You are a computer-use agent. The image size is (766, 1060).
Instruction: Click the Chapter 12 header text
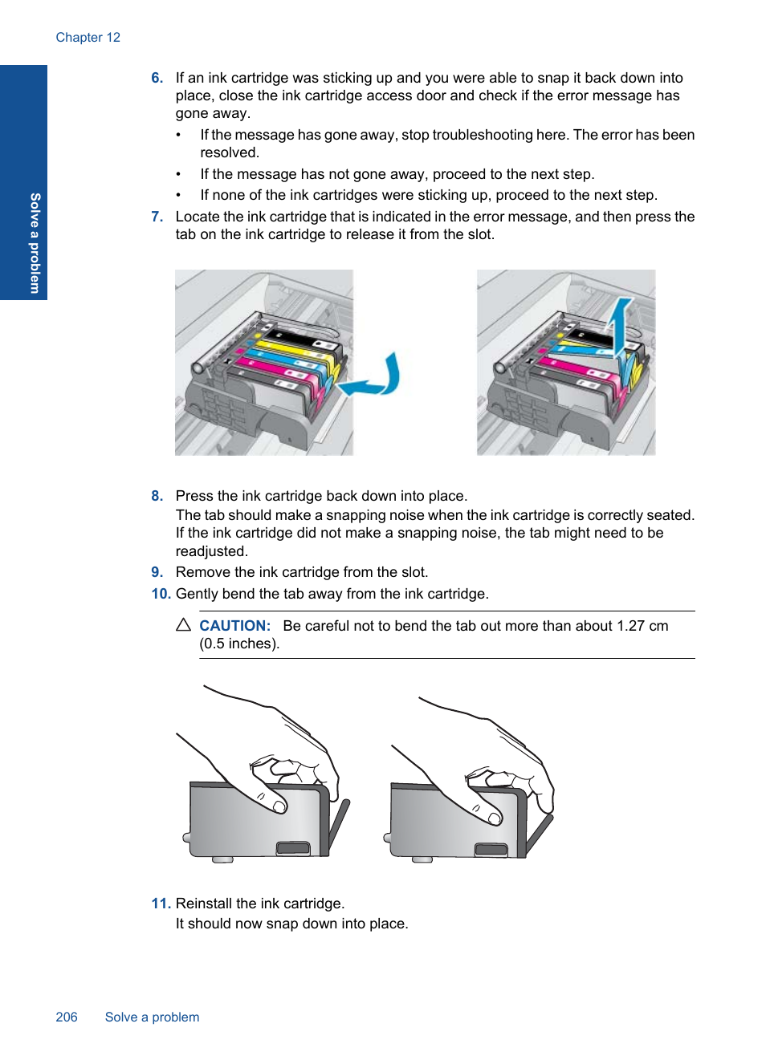pyautogui.click(x=88, y=38)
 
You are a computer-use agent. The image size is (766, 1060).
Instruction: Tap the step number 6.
pyautogui.click(x=157, y=78)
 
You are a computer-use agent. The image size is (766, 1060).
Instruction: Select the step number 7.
pyautogui.click(x=157, y=217)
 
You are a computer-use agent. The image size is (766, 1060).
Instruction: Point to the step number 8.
pyautogui.click(x=157, y=496)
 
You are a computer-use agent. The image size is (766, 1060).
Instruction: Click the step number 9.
pyautogui.click(x=157, y=572)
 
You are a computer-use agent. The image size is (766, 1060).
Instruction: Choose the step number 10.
pyautogui.click(x=161, y=594)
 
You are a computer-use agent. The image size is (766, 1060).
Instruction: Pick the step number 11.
pyautogui.click(x=161, y=904)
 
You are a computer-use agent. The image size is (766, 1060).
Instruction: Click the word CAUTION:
pyautogui.click(x=234, y=626)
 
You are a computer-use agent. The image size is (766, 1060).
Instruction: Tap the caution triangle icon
pyautogui.click(x=184, y=624)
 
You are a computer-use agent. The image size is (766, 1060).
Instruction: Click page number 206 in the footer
pyautogui.click(x=67, y=1017)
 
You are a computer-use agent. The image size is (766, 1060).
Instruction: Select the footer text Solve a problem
pyautogui.click(x=152, y=1017)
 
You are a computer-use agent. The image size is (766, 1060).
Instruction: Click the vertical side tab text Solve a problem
pyautogui.click(x=35, y=242)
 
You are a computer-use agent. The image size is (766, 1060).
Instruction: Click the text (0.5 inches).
pyautogui.click(x=239, y=644)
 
